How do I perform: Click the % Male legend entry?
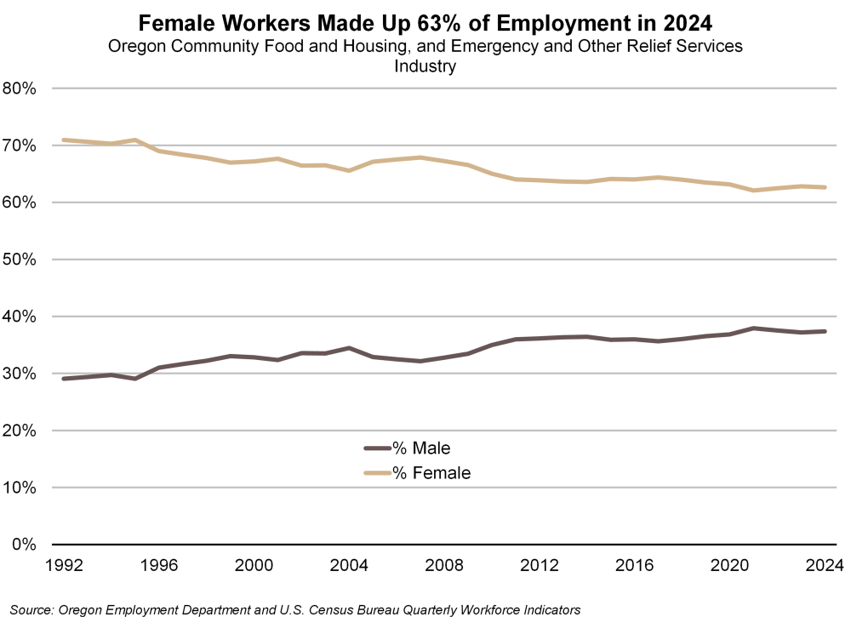pos(420,448)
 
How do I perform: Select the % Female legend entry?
pos(431,472)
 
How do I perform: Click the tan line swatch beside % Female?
pos(376,472)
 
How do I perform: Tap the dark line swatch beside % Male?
pos(376,448)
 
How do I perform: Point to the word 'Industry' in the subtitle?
pos(425,66)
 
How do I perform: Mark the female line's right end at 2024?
pos(825,187)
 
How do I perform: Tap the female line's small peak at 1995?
pos(134,140)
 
